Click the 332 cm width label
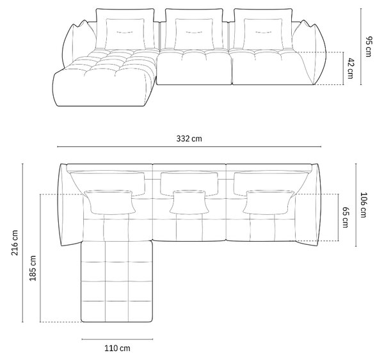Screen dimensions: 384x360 189,139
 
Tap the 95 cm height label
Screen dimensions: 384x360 368,47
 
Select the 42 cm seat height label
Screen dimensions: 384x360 351,68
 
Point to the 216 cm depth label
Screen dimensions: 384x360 15,242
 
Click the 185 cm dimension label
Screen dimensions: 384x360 33,268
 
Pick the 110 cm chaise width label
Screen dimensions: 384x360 117,348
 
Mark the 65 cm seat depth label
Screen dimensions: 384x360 345,217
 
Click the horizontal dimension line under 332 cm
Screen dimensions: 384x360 189,146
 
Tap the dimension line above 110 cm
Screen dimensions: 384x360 117,339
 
